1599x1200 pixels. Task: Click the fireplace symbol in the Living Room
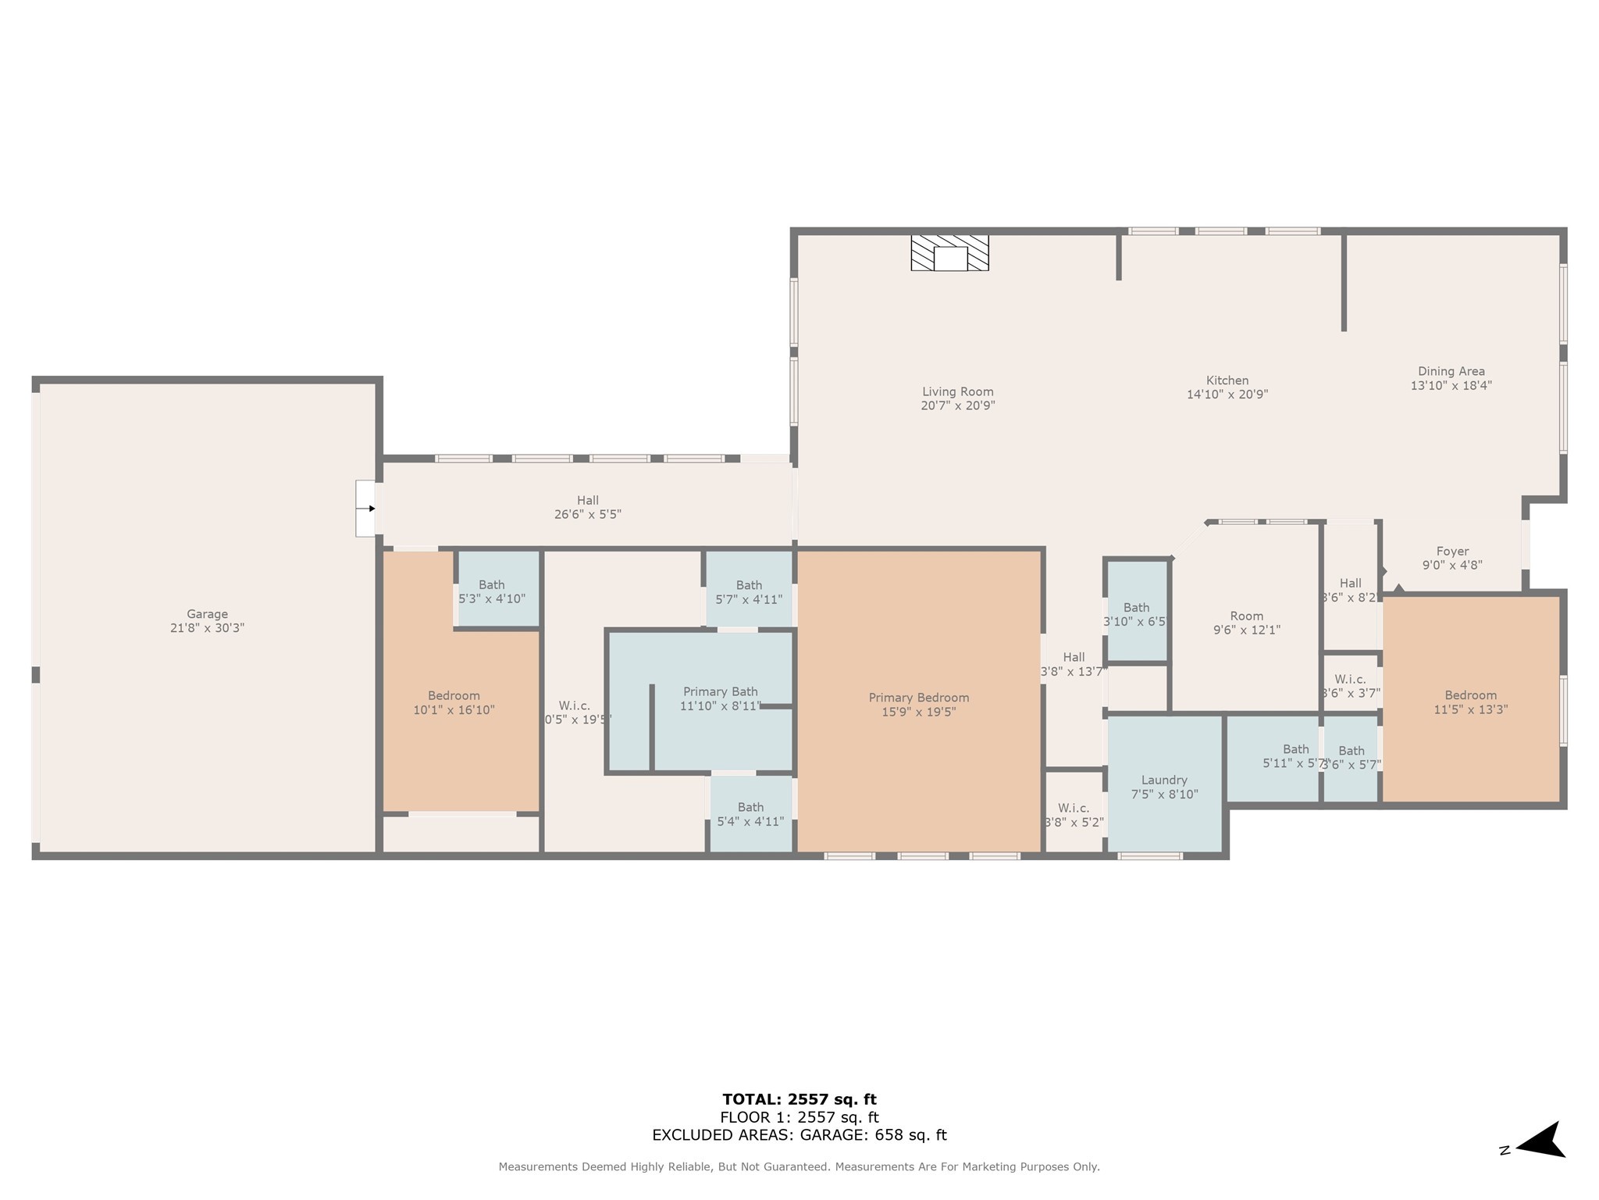pyautogui.click(x=949, y=253)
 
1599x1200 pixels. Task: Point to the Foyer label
pyautogui.click(x=1452, y=552)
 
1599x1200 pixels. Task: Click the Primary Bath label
pyautogui.click(x=720, y=692)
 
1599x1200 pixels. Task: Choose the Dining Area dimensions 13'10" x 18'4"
pyautogui.click(x=1451, y=385)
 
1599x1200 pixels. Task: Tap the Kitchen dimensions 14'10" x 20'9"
pyautogui.click(x=1227, y=395)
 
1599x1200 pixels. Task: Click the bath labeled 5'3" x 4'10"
pyautogui.click(x=492, y=591)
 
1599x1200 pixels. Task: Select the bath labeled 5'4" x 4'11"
pyautogui.click(x=750, y=814)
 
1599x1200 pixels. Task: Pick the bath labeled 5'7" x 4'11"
pyautogui.click(x=749, y=592)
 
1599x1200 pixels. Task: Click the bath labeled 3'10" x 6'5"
pyautogui.click(x=1137, y=614)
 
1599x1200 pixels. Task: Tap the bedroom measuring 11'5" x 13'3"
pyautogui.click(x=1470, y=702)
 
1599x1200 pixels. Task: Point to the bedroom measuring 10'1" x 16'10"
pyautogui.click(x=454, y=702)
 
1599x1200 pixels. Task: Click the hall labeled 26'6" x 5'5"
pyautogui.click(x=588, y=507)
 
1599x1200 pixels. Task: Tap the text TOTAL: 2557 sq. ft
pyautogui.click(x=799, y=1100)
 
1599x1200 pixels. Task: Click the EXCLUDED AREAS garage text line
pyautogui.click(x=799, y=1135)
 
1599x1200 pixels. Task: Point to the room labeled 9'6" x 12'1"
pyautogui.click(x=1246, y=623)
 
